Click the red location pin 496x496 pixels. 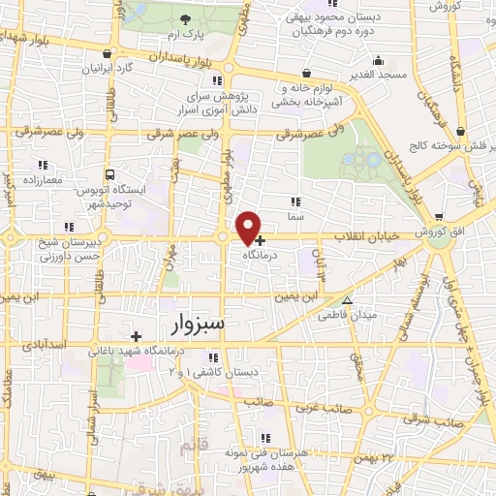point(249,227)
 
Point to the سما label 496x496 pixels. point(297,219)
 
